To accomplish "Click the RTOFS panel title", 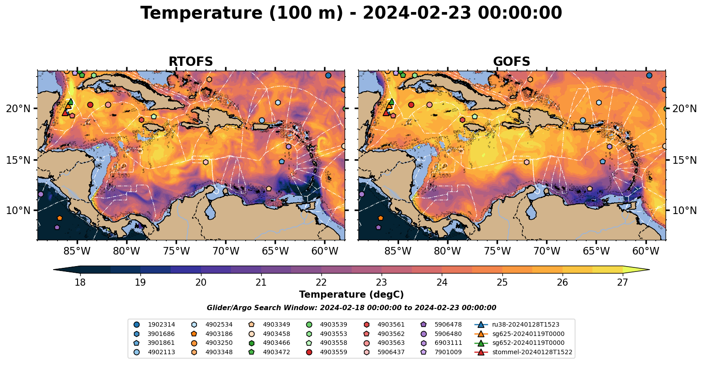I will [x=190, y=62].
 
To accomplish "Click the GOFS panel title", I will [x=511, y=62].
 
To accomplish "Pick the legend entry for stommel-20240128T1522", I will [x=532, y=352].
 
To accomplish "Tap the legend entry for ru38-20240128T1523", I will [x=526, y=325].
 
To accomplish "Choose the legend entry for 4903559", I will [x=333, y=352].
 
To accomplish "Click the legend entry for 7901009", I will [x=448, y=352].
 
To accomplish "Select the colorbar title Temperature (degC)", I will [x=351, y=295].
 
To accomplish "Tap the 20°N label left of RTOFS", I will [x=18, y=109].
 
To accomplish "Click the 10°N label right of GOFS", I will [x=684, y=210].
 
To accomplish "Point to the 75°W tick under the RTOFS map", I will [x=176, y=251].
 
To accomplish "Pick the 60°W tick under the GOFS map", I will [x=645, y=251].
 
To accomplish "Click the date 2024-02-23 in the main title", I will [x=416, y=13].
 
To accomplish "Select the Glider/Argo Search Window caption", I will [x=351, y=308].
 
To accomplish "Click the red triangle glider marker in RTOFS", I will [x=65, y=113].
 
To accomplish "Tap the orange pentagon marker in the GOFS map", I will [x=380, y=218].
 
